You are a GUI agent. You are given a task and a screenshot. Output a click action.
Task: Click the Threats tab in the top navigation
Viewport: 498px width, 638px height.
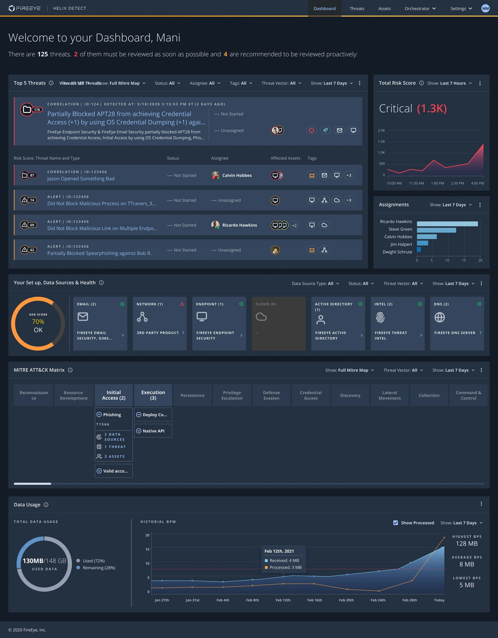tap(357, 9)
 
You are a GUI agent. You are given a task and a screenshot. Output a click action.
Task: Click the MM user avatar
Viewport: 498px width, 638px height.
tap(485, 9)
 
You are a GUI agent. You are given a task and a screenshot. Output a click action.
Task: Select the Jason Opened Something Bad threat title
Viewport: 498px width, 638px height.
tap(81, 178)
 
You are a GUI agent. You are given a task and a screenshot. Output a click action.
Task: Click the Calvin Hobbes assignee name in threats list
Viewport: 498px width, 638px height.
tap(237, 175)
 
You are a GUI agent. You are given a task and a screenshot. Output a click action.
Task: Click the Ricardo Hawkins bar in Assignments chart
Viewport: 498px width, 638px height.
tap(447, 224)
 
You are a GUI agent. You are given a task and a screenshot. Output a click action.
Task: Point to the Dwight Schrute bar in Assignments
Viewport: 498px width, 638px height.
tap(419, 249)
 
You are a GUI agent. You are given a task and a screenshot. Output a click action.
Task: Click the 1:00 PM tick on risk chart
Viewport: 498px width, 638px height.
tap(437, 183)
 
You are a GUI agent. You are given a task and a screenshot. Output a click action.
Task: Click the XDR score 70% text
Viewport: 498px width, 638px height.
tap(38, 322)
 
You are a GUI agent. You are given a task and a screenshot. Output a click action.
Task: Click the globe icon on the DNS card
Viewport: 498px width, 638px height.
tap(439, 317)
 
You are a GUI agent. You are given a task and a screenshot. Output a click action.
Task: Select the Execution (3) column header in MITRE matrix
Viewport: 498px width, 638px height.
tap(153, 395)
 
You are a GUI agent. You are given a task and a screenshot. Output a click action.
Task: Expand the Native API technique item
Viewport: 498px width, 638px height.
tap(153, 431)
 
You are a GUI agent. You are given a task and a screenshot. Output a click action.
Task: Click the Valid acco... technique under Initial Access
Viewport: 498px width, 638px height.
tap(114, 471)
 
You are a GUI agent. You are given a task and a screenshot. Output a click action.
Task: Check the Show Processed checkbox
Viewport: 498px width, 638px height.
tap(395, 523)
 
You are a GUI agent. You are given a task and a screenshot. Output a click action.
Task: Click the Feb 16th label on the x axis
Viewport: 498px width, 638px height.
tap(314, 600)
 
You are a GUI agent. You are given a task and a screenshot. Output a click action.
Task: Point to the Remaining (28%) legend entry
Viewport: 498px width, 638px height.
tap(99, 568)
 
